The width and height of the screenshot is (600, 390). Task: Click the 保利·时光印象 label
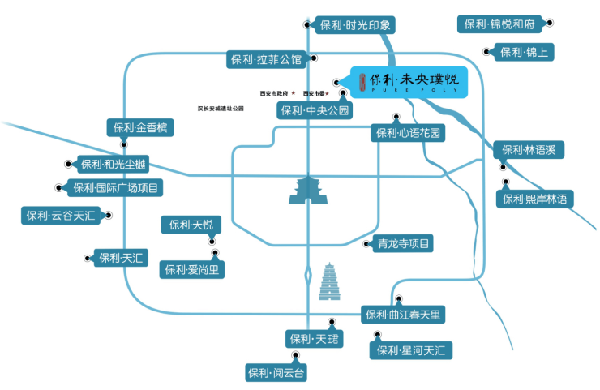coord(356,26)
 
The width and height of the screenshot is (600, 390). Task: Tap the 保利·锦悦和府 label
coord(499,24)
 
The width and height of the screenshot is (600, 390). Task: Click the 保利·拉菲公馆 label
coord(265,59)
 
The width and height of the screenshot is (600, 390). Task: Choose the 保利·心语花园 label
coord(408,133)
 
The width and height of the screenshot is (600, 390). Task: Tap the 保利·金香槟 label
coord(139,128)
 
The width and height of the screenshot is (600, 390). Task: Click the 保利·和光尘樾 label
coord(114,165)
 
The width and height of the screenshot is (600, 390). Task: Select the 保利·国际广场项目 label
coord(115,188)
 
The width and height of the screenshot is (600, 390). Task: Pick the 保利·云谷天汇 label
coord(60,216)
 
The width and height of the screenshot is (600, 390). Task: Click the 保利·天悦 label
coord(191,225)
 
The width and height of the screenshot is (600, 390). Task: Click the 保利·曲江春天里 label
coord(403,315)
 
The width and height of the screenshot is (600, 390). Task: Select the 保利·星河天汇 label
coord(411,350)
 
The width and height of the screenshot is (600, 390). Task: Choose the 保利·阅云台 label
coord(277,373)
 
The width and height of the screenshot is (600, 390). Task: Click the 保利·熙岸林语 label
coord(535,199)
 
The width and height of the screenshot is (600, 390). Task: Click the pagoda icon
coord(332,281)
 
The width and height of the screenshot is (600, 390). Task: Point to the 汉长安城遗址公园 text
coord(220,107)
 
